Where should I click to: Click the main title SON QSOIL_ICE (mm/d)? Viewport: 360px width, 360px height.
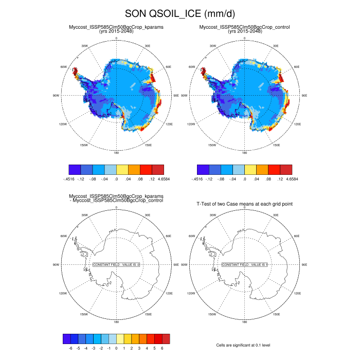click(180, 13)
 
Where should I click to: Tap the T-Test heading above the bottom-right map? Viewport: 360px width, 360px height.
click(245, 204)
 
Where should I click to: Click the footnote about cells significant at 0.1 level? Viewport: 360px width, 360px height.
click(244, 345)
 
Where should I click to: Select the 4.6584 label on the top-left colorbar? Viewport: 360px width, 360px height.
click(163, 178)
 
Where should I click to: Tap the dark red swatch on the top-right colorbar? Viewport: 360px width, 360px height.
click(286, 169)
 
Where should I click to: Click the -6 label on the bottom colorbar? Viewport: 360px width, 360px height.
click(70, 348)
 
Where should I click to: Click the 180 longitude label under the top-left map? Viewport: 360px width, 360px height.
click(116, 153)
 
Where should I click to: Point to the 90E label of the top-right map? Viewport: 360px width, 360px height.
click(304, 96)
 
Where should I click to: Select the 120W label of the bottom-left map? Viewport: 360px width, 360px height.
click(63, 294)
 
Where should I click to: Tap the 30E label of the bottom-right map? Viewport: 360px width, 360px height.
click(276, 215)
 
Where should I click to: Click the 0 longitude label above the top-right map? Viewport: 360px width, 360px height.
click(245, 38)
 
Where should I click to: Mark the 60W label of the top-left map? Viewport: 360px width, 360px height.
click(64, 67)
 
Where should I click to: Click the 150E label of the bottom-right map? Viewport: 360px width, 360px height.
click(276, 314)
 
